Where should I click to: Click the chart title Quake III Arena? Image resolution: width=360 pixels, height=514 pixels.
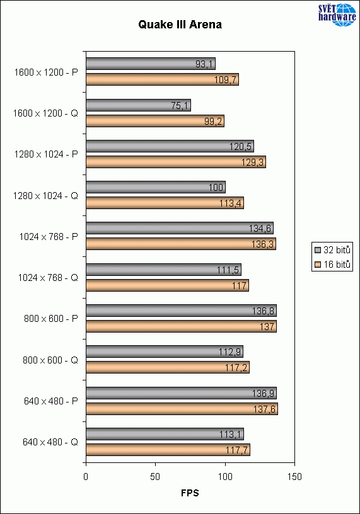[180, 26]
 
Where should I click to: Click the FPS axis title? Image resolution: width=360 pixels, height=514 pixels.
[189, 493]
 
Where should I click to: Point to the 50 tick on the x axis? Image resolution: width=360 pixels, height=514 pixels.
[156, 476]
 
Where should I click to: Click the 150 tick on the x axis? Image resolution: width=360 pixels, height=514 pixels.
[294, 476]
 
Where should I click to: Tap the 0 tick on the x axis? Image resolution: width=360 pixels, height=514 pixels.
[86, 476]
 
